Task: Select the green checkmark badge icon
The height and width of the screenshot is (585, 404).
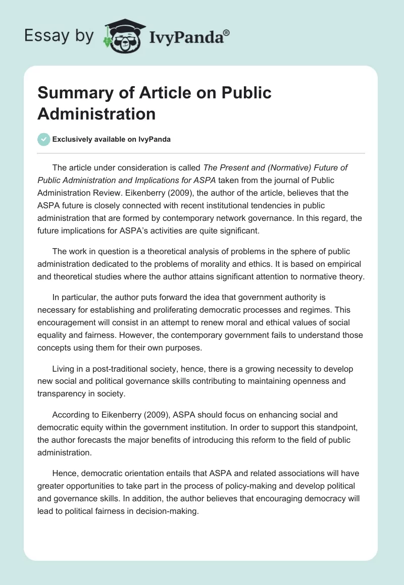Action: [x=44, y=139]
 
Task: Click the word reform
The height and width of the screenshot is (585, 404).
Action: [x=251, y=440]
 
